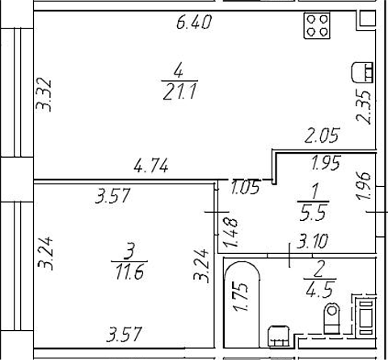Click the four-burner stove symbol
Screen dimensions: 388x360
click(x=317, y=26)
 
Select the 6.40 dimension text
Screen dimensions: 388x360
click(x=194, y=22)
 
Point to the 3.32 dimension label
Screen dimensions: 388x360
click(x=44, y=95)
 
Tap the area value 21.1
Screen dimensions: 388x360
click(x=179, y=91)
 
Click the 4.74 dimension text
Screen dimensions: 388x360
click(x=151, y=165)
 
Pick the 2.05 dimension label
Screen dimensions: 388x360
click(x=322, y=135)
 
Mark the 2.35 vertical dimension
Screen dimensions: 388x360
click(x=364, y=108)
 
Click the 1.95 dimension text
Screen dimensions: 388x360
click(x=327, y=163)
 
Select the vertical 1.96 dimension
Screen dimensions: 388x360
click(x=364, y=186)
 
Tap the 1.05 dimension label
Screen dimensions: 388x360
click(x=246, y=187)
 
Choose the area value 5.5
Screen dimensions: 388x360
click(x=313, y=213)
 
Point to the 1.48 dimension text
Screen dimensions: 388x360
click(x=230, y=232)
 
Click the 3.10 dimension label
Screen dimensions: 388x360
click(x=312, y=241)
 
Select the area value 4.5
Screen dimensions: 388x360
click(x=319, y=290)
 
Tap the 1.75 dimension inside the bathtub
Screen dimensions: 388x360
click(x=241, y=297)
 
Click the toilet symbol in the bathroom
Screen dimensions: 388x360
click(x=331, y=318)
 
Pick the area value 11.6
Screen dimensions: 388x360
click(x=129, y=272)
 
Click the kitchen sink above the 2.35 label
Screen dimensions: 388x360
click(x=362, y=72)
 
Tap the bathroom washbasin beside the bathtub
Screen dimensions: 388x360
click(x=279, y=337)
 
